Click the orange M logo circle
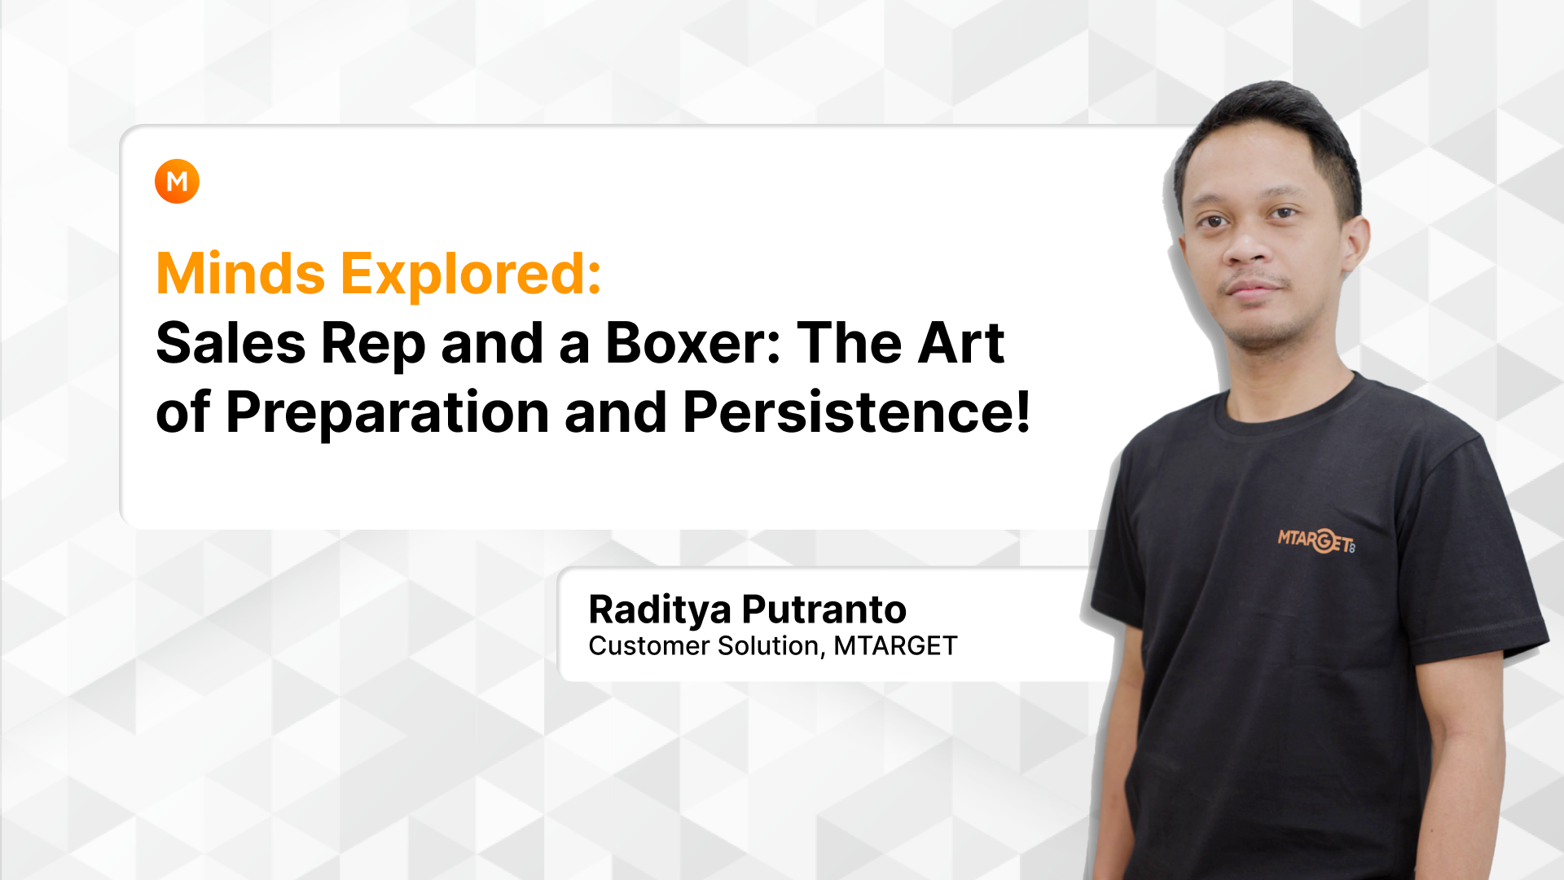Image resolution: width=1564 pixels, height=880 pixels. pos(177,181)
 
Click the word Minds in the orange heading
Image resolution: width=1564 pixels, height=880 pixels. pos(241,274)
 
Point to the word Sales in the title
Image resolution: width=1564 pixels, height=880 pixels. pos(231,343)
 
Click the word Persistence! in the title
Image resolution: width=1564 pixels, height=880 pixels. pos(857,412)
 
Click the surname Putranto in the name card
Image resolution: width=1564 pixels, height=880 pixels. pos(824,609)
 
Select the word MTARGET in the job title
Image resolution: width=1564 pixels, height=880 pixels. pos(895,645)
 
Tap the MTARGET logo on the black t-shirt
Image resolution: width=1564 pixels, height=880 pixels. pos(1316,540)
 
